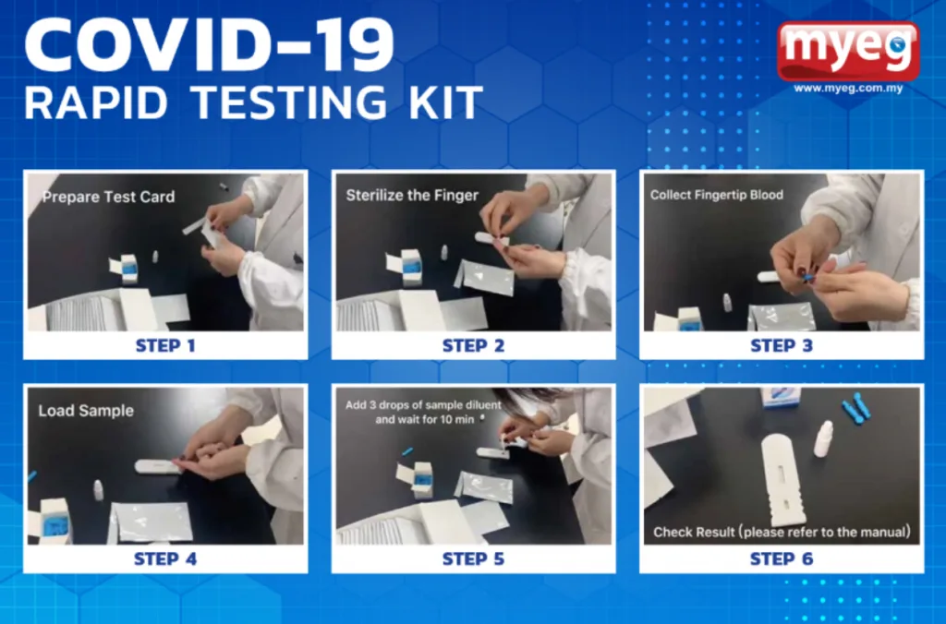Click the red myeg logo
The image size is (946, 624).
tap(848, 52)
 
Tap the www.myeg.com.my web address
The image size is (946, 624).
tap(848, 89)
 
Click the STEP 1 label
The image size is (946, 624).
tap(165, 345)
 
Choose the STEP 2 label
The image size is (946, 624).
tap(473, 345)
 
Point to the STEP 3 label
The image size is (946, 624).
tap(782, 345)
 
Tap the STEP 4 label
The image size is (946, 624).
tap(165, 558)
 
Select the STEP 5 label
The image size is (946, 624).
tap(473, 558)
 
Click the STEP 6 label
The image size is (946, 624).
tap(782, 558)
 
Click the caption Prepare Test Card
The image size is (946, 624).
tap(109, 198)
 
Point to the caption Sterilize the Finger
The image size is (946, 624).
tap(412, 196)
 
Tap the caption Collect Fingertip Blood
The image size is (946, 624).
tap(717, 195)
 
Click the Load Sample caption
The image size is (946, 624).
tap(86, 411)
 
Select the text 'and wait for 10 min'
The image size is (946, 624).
tap(425, 419)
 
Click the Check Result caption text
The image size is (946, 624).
tap(782, 532)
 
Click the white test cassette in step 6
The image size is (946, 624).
tap(782, 480)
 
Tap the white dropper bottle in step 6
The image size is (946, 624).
tap(823, 438)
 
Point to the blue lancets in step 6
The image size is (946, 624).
tap(856, 409)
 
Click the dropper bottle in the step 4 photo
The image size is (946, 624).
tap(98, 489)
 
